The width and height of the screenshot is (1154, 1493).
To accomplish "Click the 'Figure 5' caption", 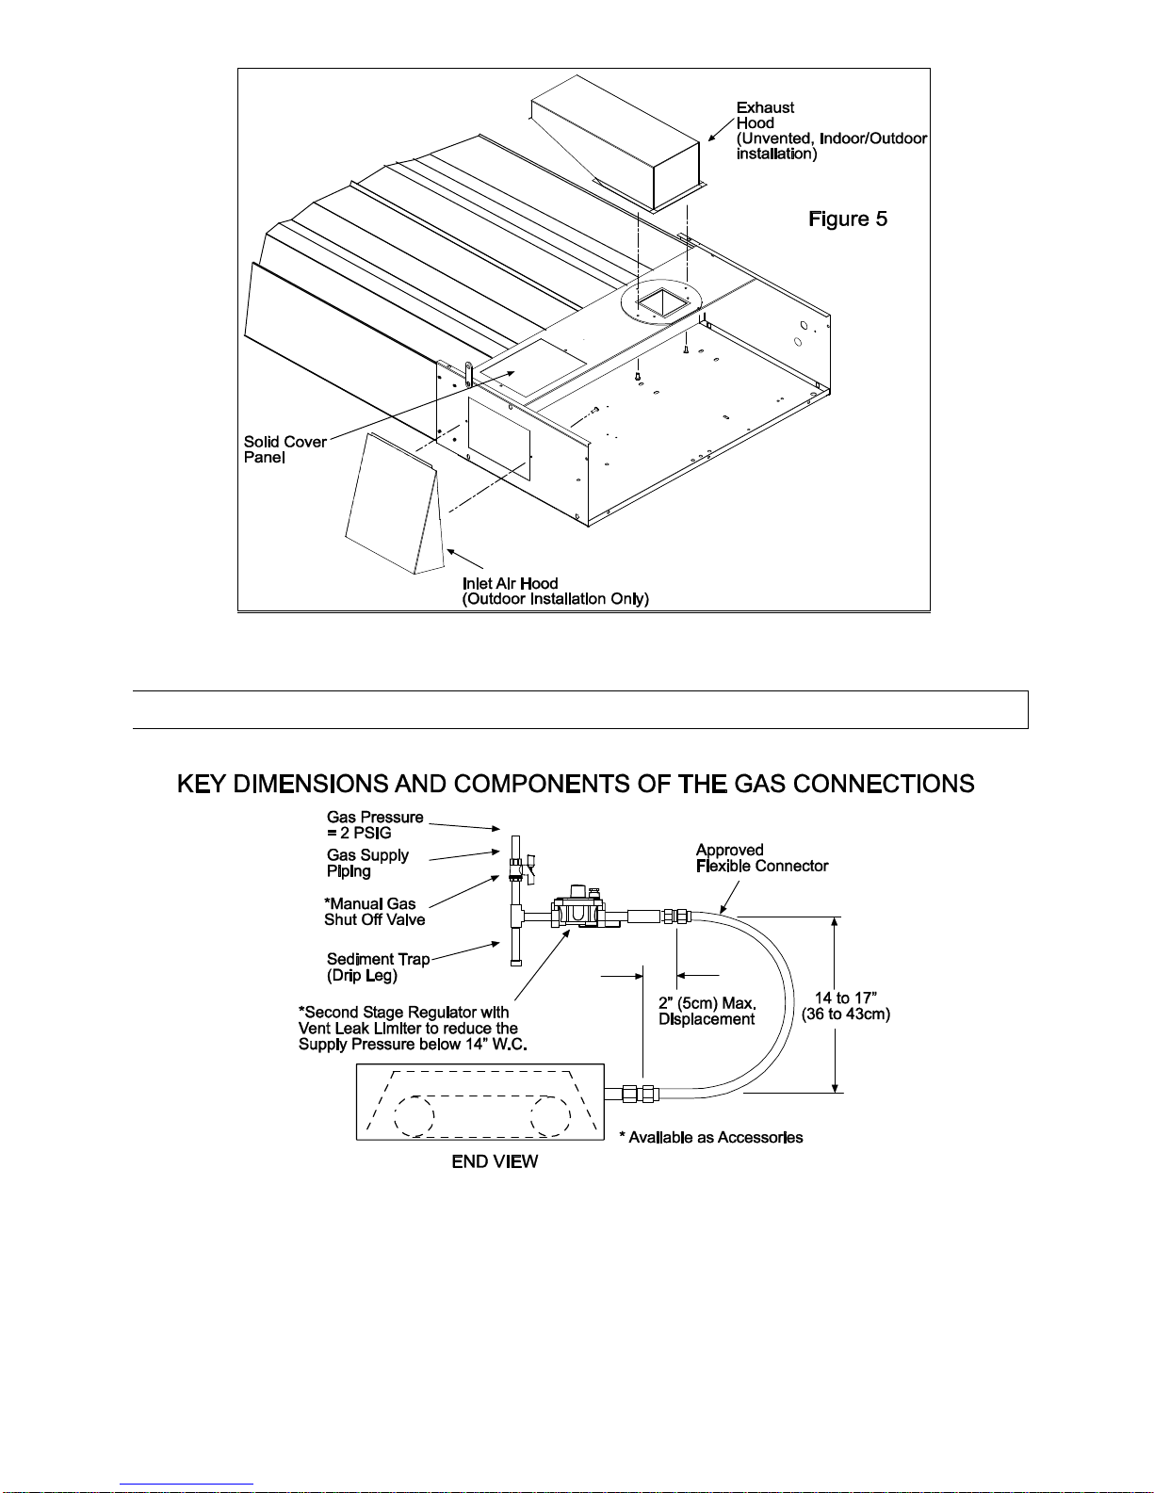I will click(x=848, y=219).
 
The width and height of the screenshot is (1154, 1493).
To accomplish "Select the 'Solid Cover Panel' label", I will click(x=284, y=449).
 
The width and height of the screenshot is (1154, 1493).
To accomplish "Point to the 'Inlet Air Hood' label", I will click(x=555, y=592).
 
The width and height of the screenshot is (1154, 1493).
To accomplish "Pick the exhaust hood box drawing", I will click(x=617, y=141).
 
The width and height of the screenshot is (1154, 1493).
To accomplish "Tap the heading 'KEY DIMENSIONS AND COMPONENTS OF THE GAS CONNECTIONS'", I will click(x=576, y=784).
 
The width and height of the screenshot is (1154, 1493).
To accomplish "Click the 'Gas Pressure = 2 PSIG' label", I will click(x=374, y=825).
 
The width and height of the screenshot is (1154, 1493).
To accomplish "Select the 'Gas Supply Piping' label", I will click(x=367, y=863).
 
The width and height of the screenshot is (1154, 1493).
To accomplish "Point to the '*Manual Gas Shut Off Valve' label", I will click(x=374, y=912).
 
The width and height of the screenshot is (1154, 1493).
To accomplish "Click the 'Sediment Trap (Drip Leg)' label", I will click(x=378, y=967).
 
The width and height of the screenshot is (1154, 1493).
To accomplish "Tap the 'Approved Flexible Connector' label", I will click(x=761, y=858).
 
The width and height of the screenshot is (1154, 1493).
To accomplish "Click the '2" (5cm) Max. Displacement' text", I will click(x=707, y=1012).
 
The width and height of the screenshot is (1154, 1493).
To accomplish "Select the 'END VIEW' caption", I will click(x=495, y=1162).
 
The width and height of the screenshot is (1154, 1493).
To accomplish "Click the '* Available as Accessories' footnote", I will click(x=711, y=1138).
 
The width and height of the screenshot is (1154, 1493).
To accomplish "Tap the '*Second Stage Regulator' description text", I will click(x=412, y=1029).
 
